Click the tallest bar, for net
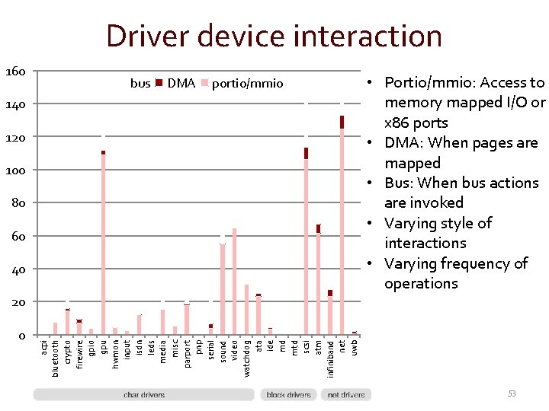(342, 228)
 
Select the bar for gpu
(103, 244)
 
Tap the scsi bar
(306, 244)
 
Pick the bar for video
(234, 282)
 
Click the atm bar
(318, 282)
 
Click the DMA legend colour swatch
(159, 83)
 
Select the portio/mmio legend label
(247, 83)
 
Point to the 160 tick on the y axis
(15, 72)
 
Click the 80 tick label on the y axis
(18, 203)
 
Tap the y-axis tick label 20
(18, 302)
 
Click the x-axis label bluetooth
(56, 358)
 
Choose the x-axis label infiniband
(331, 358)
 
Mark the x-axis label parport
(187, 354)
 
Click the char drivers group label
(144, 395)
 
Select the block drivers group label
(288, 395)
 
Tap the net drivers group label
(346, 395)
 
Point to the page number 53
(512, 393)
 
